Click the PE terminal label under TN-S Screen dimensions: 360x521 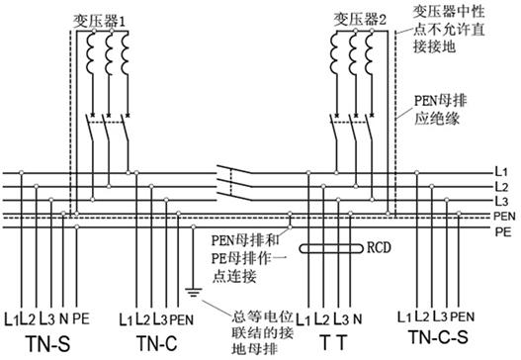coord(81,318)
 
